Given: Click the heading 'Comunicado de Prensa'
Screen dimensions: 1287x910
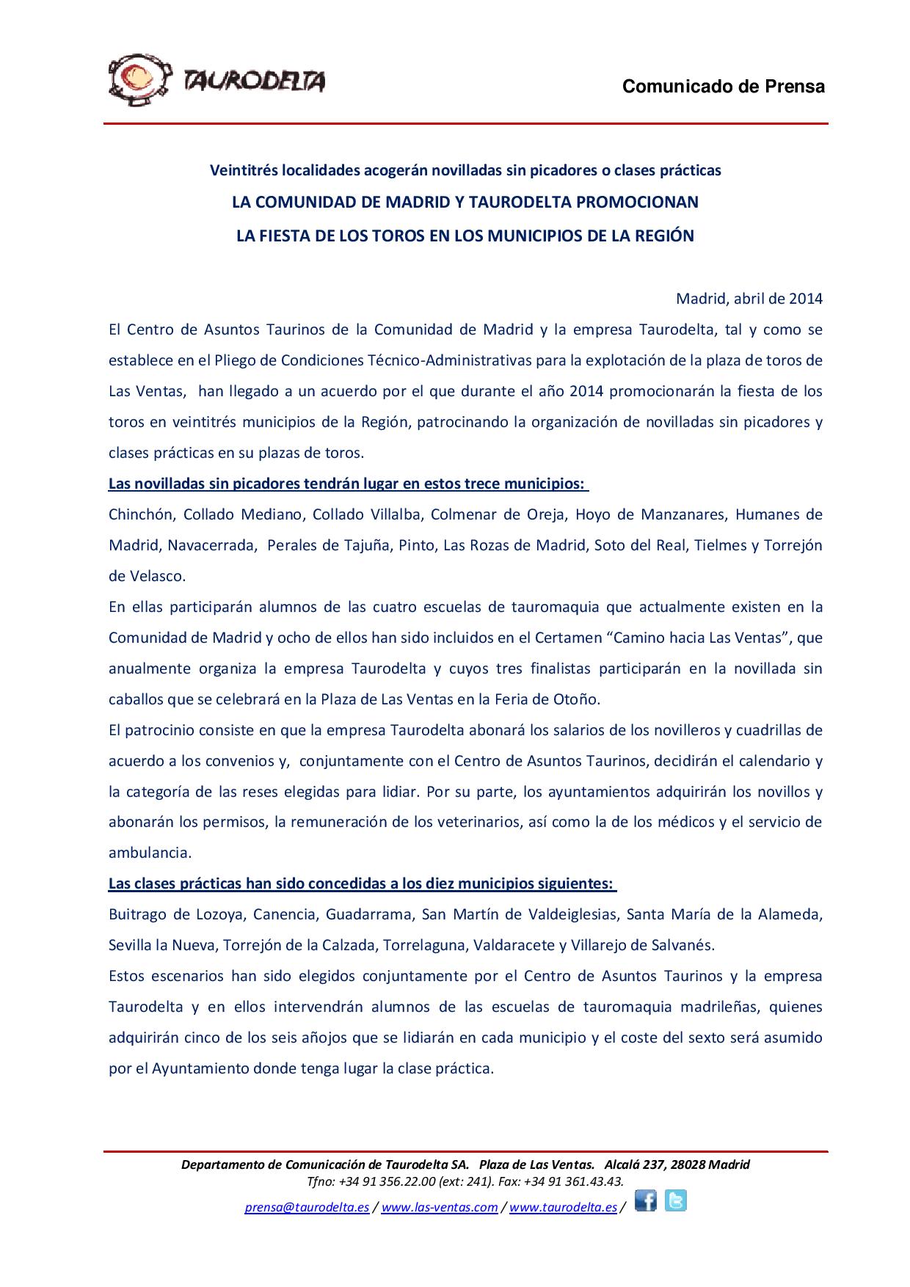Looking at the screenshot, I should click(724, 87).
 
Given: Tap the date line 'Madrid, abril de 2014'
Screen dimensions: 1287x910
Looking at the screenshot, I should click(749, 299).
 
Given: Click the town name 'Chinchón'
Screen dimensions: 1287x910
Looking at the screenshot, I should click(141, 514).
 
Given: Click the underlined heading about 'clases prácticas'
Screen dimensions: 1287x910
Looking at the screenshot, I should click(361, 883).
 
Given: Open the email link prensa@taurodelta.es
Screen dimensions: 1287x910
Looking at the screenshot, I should click(307, 1208).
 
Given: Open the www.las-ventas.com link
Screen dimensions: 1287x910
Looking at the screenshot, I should click(440, 1208).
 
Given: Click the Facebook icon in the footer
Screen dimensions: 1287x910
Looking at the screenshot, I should click(646, 1200).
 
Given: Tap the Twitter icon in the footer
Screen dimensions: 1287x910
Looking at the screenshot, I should click(676, 1200).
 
